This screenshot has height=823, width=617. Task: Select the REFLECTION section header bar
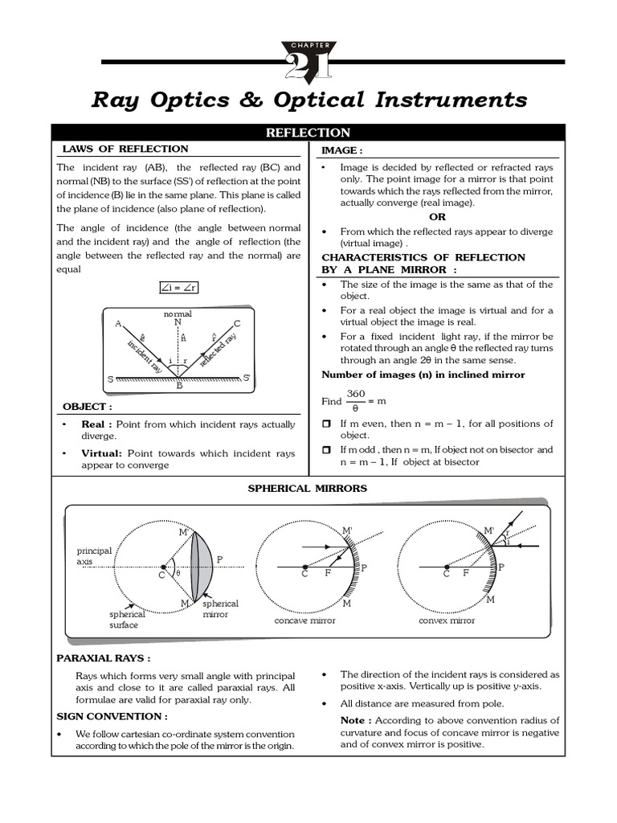[x=308, y=133]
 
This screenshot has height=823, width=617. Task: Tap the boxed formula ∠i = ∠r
[x=178, y=286]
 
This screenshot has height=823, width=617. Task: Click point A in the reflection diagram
[x=118, y=324]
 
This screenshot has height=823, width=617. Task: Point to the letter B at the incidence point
[x=179, y=386]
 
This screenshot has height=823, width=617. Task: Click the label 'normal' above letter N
[x=178, y=313]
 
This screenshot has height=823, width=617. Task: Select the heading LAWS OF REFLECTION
[x=125, y=149]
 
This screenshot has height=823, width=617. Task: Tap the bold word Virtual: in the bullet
[x=100, y=453]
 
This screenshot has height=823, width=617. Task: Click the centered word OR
[x=437, y=217]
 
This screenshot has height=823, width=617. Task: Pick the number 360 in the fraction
[x=356, y=394]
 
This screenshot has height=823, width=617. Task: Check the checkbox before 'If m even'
[x=326, y=424]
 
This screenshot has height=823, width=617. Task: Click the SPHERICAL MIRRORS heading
[x=308, y=488]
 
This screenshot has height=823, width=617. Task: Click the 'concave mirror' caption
[x=304, y=620]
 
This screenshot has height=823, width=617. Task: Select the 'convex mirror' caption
[x=447, y=620]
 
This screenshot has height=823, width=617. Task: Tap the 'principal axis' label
[x=94, y=556]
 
